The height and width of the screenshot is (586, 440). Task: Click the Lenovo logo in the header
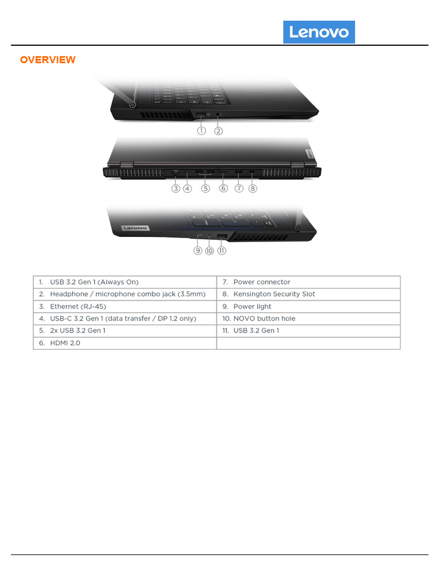319,32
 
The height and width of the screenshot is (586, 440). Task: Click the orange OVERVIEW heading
48,60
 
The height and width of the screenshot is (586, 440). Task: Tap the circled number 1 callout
202,130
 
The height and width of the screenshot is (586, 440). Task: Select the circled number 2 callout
218,130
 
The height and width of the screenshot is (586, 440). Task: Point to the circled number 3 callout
176,188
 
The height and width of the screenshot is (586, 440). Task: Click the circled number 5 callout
205,188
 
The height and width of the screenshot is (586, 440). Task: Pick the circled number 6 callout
223,188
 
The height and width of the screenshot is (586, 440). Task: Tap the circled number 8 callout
253,188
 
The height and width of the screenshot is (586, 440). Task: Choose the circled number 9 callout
198,251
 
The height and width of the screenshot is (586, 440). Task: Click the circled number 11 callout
222,251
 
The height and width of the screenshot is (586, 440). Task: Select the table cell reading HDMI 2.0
64,343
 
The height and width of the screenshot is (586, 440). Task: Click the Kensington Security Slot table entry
274,294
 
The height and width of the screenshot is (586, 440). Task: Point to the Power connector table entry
261,282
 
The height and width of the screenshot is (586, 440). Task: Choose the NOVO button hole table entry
264,319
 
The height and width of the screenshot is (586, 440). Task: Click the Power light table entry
252,307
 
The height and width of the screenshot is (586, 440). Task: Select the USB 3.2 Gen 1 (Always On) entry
94,282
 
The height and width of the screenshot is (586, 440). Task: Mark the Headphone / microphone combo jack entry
127,294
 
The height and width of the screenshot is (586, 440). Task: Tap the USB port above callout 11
222,236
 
